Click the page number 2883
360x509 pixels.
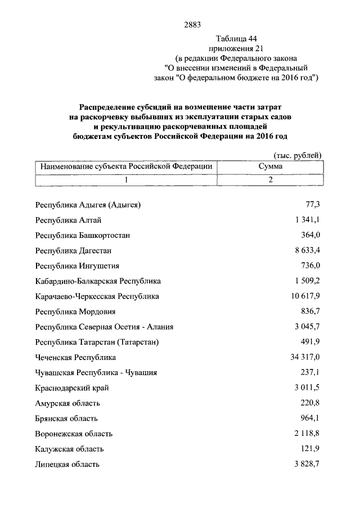pos(192,24)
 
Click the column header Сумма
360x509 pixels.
pos(271,166)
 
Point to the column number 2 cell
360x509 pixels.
pos(271,180)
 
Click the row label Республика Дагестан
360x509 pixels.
pos(73,250)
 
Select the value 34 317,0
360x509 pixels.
pos(304,357)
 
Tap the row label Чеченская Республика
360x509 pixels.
pos(75,357)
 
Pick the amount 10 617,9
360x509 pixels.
pos(304,296)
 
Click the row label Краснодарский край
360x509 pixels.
pos(71,388)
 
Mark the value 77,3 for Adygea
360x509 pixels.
pos(312,205)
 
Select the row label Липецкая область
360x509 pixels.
pos(67,465)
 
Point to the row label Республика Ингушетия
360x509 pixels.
pos(76,265)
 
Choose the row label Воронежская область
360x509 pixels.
pos(73,434)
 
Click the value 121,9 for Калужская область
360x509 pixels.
pos(310,449)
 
